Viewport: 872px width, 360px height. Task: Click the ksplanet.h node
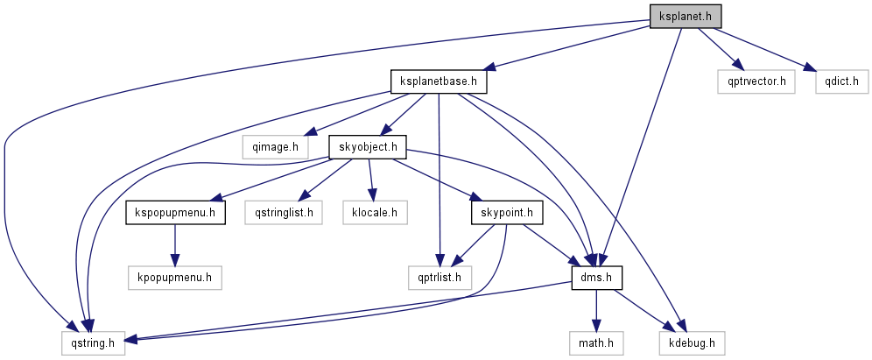click(x=685, y=16)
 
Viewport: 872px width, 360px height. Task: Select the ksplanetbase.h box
click(x=438, y=81)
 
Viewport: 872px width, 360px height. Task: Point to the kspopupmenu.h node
click(x=175, y=212)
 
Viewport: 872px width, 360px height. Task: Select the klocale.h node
click(x=375, y=212)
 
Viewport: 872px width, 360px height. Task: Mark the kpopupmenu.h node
click(x=175, y=278)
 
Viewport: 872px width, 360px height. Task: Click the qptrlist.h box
click(x=440, y=278)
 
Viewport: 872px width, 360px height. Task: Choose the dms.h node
click(x=595, y=278)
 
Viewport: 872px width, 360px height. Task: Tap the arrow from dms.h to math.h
click(x=595, y=311)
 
